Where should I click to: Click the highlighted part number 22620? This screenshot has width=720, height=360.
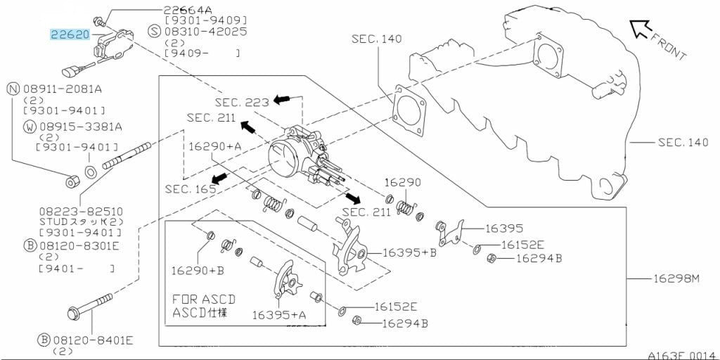[x=70, y=34]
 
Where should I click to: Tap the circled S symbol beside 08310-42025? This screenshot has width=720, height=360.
[x=155, y=32]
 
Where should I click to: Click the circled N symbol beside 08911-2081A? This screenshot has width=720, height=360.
[x=13, y=89]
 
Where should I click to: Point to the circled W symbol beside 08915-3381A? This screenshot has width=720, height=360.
[x=30, y=127]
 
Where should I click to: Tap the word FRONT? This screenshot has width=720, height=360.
[x=669, y=45]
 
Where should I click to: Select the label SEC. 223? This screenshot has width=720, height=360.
[x=242, y=102]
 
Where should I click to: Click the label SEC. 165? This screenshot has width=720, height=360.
[x=191, y=188]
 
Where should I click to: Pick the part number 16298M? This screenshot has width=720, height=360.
[x=675, y=278]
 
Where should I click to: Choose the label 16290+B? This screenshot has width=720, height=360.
[x=198, y=271]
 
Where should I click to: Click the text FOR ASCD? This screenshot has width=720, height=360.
[x=204, y=300]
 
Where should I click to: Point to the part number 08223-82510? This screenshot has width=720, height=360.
[x=81, y=212]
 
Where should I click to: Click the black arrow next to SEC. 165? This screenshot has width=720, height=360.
[x=219, y=179]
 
